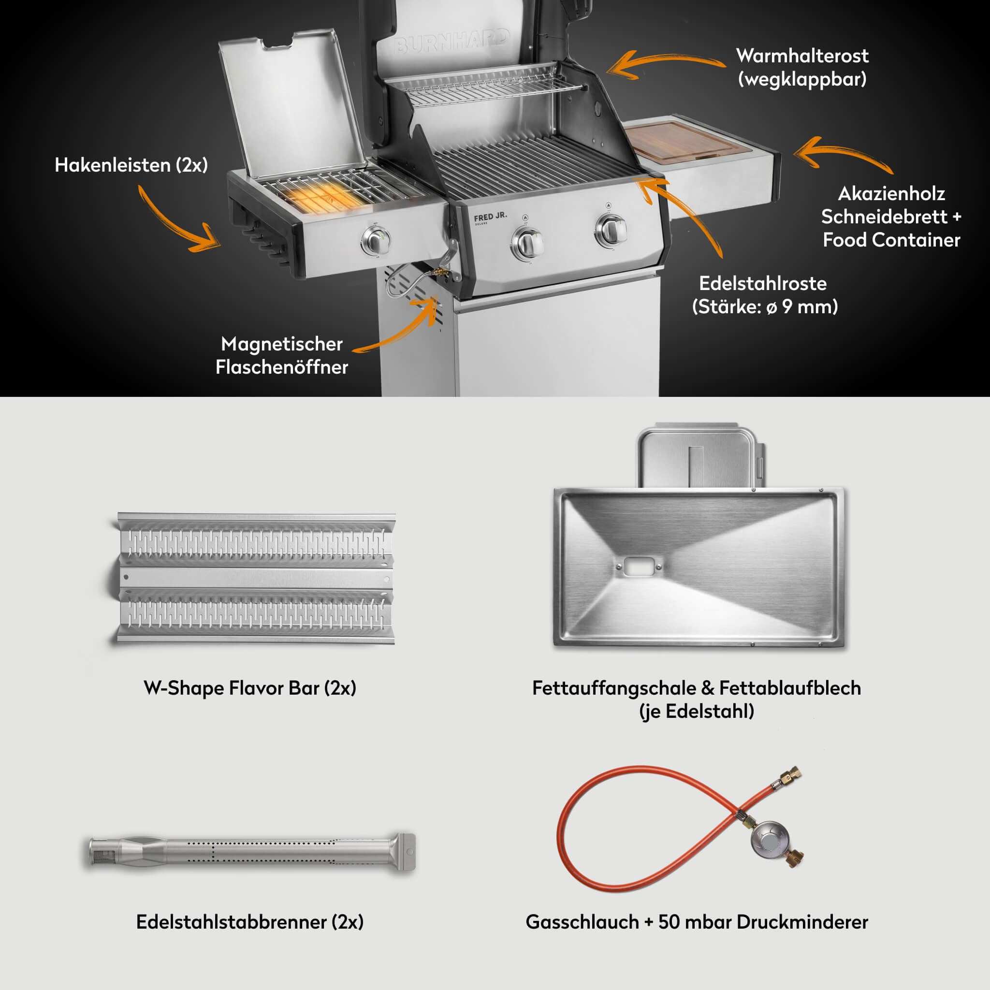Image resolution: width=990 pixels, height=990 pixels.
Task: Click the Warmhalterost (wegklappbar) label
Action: [x=802, y=67]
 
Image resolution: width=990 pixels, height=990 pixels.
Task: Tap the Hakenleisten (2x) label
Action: [x=131, y=165]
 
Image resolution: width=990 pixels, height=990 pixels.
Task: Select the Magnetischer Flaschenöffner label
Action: [x=281, y=355]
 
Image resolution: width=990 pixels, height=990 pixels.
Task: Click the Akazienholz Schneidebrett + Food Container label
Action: [x=891, y=216]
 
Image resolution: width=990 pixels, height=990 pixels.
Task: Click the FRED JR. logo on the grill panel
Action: [x=490, y=217]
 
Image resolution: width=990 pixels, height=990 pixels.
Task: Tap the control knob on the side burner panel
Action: [x=376, y=240]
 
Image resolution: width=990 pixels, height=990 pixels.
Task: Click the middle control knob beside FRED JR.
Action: [x=526, y=244]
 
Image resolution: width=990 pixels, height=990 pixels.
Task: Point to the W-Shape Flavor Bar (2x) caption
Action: [x=249, y=688]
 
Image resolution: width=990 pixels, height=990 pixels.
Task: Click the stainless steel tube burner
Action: [x=251, y=851]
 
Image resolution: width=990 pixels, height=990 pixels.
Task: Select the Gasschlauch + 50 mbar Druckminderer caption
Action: [x=697, y=922]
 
